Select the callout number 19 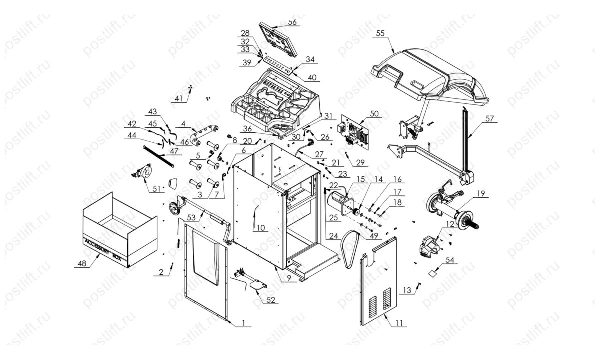[481, 193]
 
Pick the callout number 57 [489, 119]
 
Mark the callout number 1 [243, 324]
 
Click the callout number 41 [178, 98]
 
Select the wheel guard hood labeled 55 [430, 75]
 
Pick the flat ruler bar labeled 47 [159, 156]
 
